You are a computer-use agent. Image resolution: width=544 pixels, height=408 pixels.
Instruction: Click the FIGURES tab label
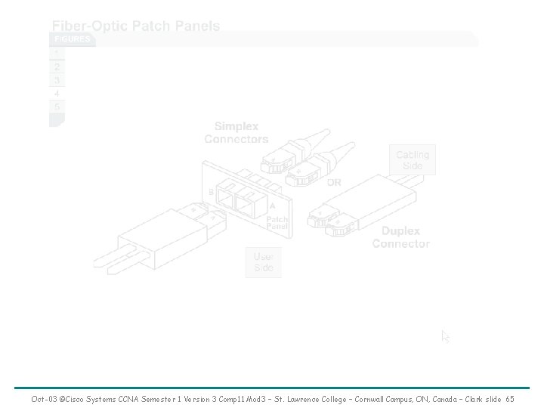pos(72,39)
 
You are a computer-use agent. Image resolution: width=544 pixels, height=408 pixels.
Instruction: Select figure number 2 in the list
pos(57,66)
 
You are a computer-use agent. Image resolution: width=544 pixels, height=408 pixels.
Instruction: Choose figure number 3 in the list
pos(57,80)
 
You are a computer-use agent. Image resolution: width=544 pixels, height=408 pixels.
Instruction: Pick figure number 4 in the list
pos(57,94)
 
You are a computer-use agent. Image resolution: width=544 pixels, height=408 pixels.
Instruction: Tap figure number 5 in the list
pos(57,107)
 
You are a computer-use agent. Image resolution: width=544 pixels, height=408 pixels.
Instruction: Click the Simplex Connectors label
pos(236,133)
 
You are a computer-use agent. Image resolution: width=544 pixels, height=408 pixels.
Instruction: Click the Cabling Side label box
pos(413,159)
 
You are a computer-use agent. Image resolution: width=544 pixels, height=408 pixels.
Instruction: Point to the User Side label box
pos(264,261)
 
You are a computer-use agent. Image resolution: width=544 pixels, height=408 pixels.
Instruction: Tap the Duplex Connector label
pos(401,237)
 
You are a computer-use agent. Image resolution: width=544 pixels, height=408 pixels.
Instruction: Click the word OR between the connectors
pos(333,182)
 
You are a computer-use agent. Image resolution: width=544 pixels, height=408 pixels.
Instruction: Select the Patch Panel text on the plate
pos(277,223)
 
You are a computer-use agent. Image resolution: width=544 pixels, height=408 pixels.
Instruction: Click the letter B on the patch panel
pos(211,192)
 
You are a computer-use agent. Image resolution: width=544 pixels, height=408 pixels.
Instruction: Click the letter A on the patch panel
pos(272,206)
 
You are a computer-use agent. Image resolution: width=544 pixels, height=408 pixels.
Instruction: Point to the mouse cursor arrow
pos(446,336)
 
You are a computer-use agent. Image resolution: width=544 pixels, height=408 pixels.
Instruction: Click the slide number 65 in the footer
pos(510,398)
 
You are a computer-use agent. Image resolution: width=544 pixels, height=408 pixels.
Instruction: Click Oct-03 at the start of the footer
pos(43,398)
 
